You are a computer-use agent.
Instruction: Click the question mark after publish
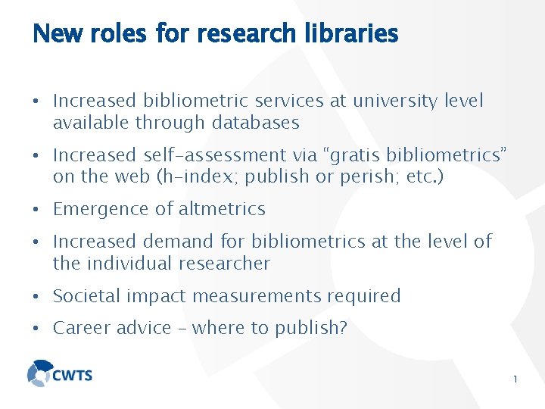tap(343, 329)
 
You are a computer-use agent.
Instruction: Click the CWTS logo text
tap(72, 375)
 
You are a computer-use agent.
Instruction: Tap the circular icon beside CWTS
tap(39, 373)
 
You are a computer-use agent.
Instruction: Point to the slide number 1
tap(515, 379)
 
